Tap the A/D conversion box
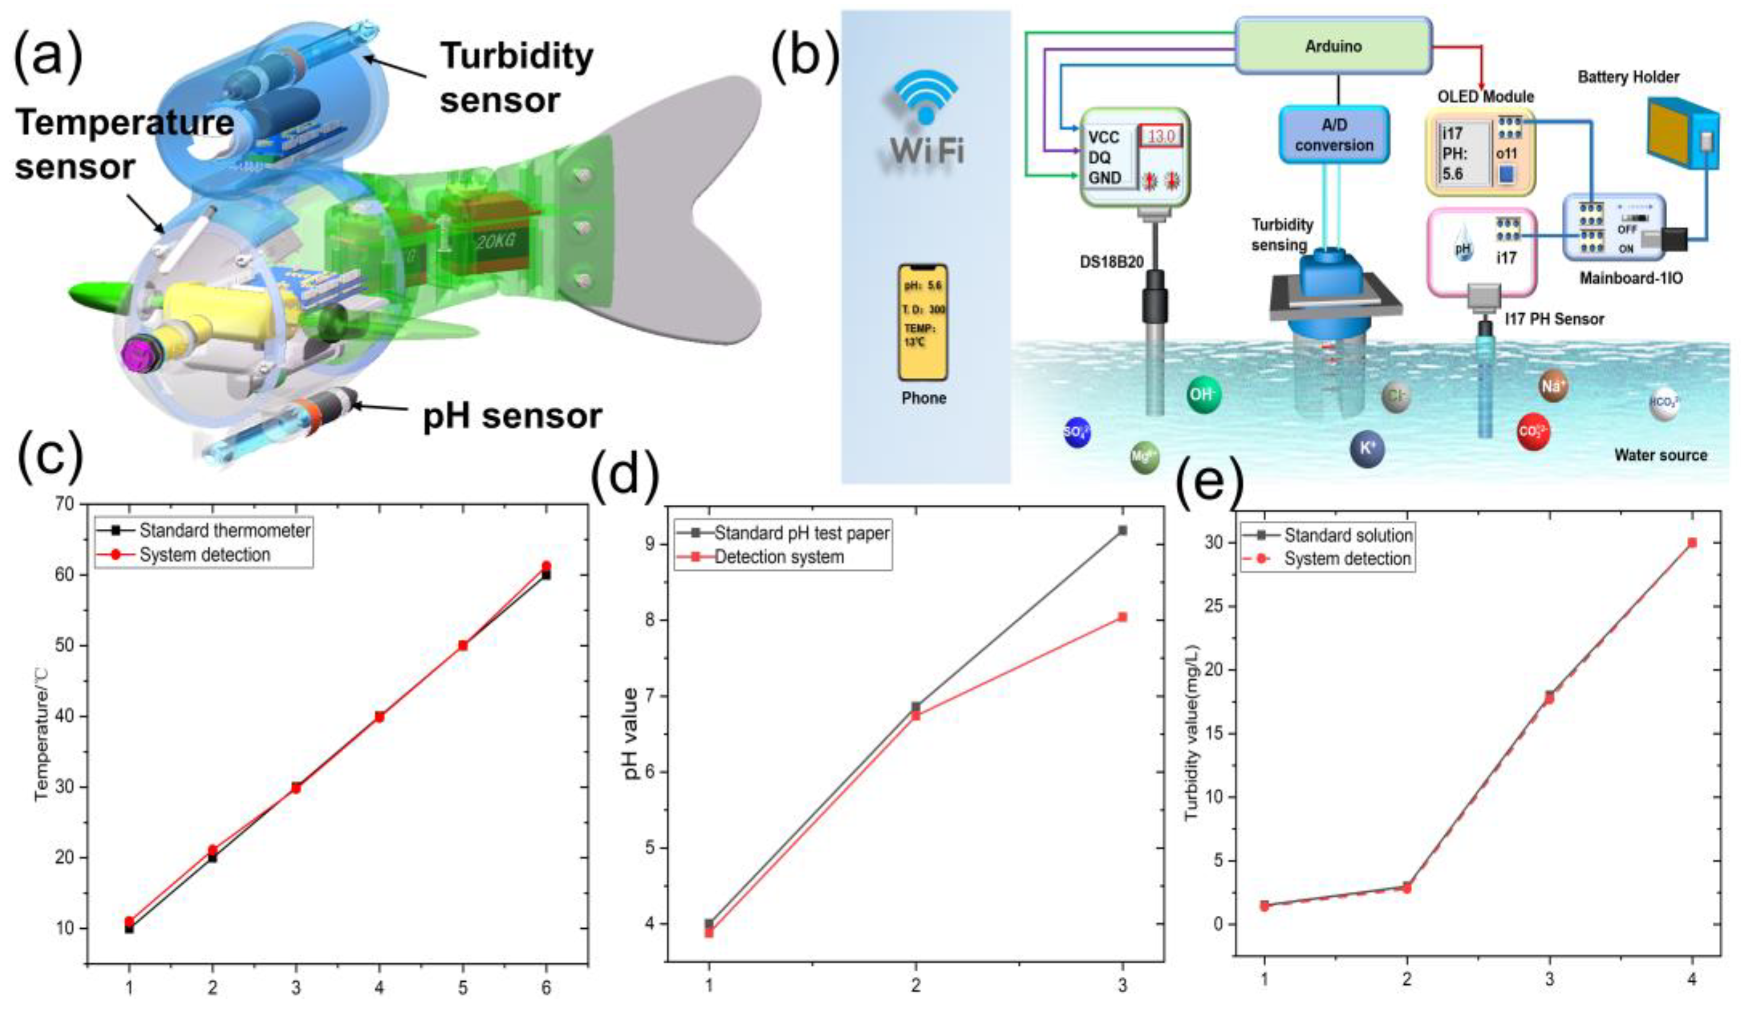pyautogui.click(x=1334, y=135)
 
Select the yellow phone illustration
pyautogui.click(x=923, y=322)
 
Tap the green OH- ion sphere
pyautogui.click(x=1204, y=395)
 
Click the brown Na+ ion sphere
pyautogui.click(x=1553, y=386)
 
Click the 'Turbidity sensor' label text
pyautogui.click(x=517, y=78)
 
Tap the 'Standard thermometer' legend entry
pyautogui.click(x=225, y=530)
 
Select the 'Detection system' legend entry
pyautogui.click(x=779, y=557)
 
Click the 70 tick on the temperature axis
pyautogui.click(x=64, y=504)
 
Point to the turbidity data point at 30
pyautogui.click(x=1692, y=543)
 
